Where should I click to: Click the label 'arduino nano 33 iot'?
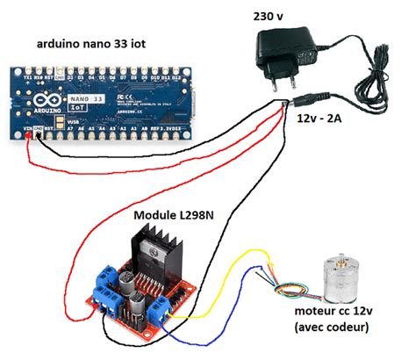click(93, 45)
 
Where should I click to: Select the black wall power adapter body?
click(289, 44)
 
